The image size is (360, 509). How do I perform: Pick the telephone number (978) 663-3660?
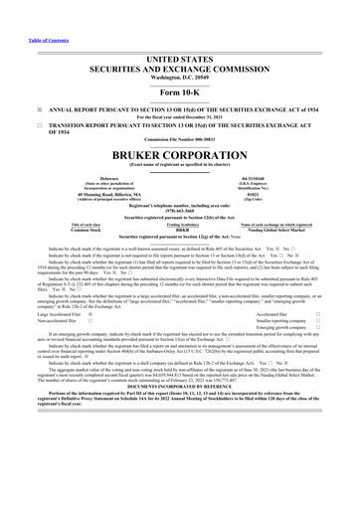tap(180, 214)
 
